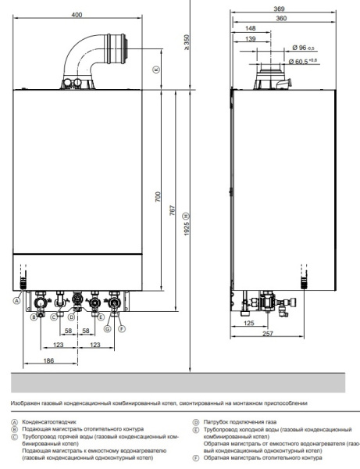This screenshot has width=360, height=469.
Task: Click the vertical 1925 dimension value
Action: pos(186,227)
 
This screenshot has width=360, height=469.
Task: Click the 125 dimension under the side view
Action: pos(250,321)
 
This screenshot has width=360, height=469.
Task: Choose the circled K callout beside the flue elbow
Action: pos(155,69)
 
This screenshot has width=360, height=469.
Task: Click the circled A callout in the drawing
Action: pos(16,300)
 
